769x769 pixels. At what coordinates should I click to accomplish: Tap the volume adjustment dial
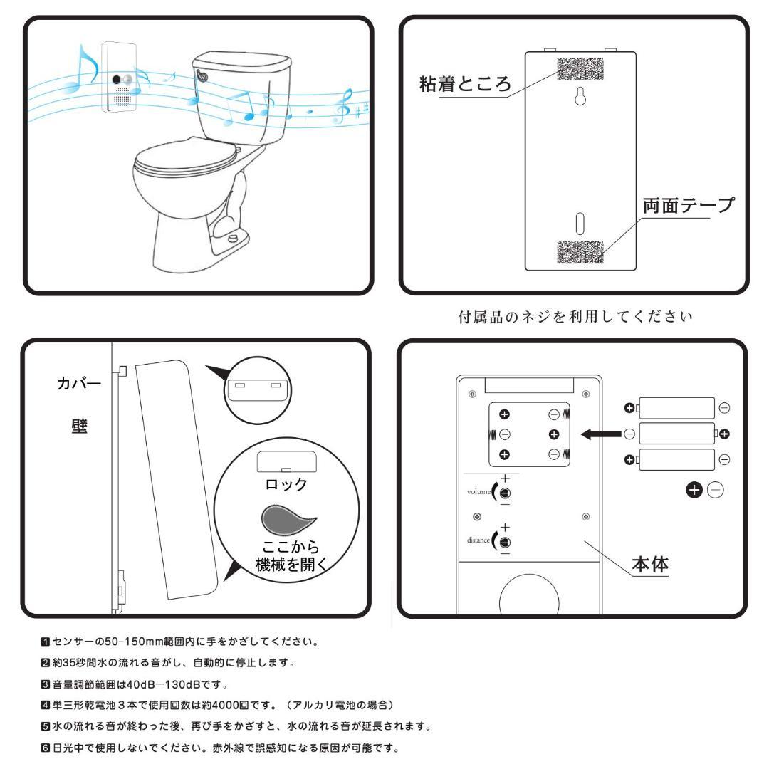(x=505, y=493)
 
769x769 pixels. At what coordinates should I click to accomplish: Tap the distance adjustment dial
(x=505, y=540)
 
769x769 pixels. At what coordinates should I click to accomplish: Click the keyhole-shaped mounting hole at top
(x=580, y=100)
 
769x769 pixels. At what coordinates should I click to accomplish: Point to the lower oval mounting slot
(x=580, y=221)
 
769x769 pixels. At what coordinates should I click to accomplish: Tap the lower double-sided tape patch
(x=580, y=253)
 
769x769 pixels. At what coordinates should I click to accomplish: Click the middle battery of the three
(x=677, y=433)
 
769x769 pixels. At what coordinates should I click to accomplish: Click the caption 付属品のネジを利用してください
(x=574, y=315)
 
